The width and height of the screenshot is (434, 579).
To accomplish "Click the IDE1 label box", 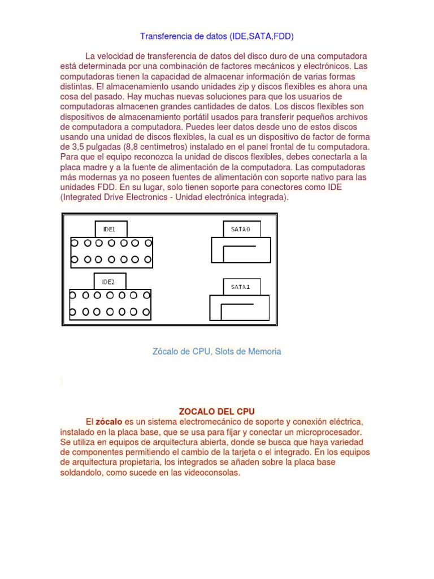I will coord(111,229).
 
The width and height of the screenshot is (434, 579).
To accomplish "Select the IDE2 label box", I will coord(110,281).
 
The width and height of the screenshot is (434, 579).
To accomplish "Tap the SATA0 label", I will coord(242,229).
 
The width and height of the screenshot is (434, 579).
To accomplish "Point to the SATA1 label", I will coord(241,287).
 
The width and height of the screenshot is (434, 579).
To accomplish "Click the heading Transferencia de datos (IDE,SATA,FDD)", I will coord(217,36).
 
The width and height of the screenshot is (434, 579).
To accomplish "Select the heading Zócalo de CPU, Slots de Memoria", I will coord(217,351).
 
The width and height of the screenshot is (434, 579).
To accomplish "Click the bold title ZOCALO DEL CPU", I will coord(217,412).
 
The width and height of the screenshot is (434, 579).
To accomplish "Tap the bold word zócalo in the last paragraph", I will coord(109,422).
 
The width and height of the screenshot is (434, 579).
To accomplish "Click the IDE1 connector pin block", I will coord(111,252).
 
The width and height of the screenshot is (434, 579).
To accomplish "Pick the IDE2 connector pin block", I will coord(110,304).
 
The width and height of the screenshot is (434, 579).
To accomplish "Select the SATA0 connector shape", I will coord(241,250).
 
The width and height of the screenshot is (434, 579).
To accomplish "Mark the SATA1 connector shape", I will coord(239,308).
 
